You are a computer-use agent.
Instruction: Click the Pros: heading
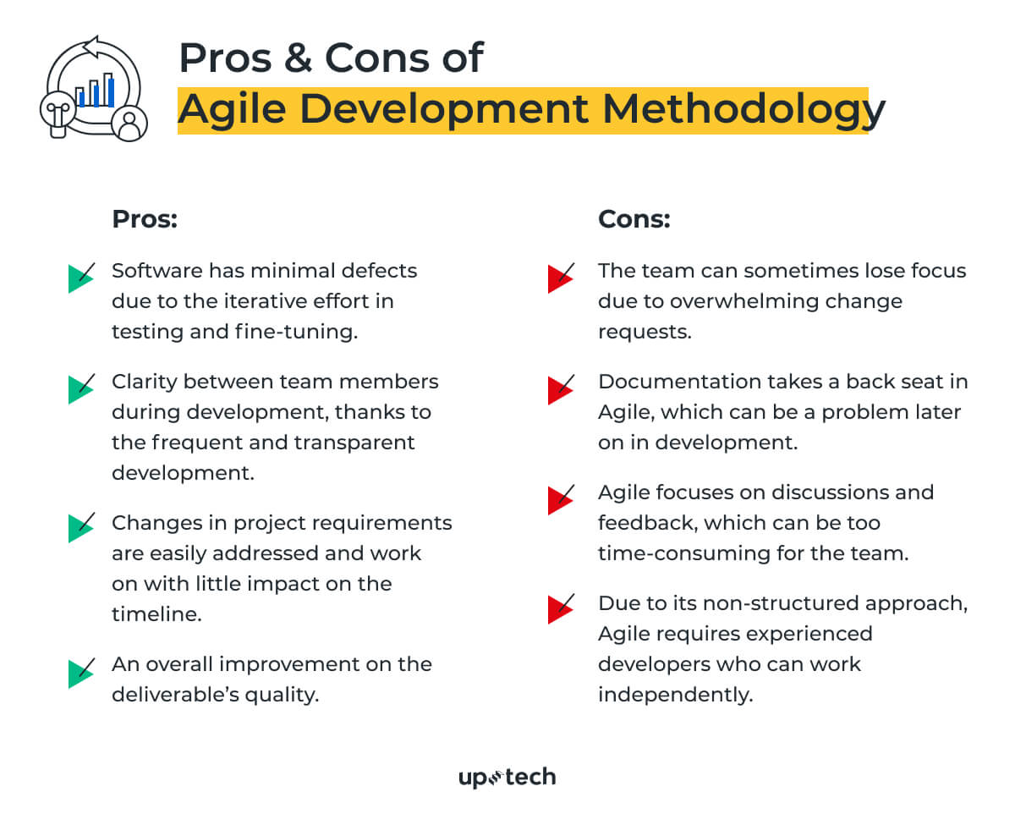click(145, 219)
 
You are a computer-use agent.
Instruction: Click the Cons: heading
click(634, 219)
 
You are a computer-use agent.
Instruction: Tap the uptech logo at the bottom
click(507, 777)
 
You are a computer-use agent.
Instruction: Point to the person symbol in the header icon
click(129, 124)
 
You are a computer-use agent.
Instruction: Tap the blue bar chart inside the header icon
click(96, 91)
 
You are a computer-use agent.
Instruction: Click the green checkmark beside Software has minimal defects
click(80, 277)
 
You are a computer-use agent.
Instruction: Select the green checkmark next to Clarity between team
click(80, 388)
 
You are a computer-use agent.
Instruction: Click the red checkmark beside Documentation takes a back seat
click(560, 388)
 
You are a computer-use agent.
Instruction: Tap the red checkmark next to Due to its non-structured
click(560, 608)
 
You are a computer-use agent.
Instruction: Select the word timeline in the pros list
click(156, 614)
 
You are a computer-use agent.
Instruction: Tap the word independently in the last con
click(675, 695)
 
